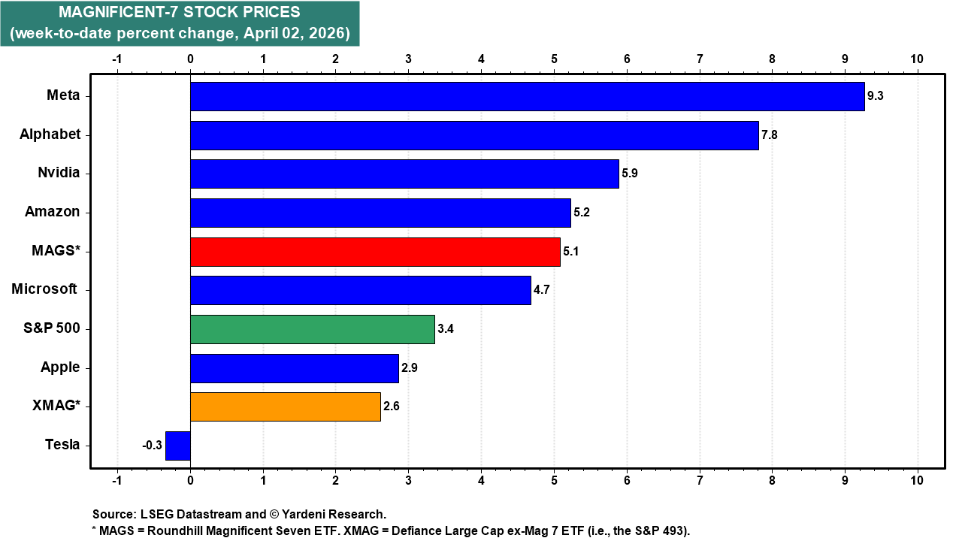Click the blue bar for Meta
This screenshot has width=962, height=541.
tap(526, 96)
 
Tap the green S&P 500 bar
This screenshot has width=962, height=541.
tap(312, 329)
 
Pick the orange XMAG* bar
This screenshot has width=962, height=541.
tap(285, 407)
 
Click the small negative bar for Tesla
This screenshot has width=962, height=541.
tap(178, 446)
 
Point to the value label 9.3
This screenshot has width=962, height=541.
tap(876, 96)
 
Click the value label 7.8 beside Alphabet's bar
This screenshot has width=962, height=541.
tap(770, 135)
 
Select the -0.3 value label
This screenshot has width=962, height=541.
tap(153, 446)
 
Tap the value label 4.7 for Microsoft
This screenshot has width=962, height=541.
tap(543, 290)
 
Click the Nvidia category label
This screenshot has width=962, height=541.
tap(59, 173)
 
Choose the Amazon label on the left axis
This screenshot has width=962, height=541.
tap(52, 212)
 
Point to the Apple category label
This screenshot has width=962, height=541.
tap(60, 367)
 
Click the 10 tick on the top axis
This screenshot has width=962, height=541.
tap(917, 59)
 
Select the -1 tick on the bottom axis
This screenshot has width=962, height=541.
tap(116, 479)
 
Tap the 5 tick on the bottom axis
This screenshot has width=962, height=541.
tap(554, 479)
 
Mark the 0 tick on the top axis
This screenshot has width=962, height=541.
tap(190, 59)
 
